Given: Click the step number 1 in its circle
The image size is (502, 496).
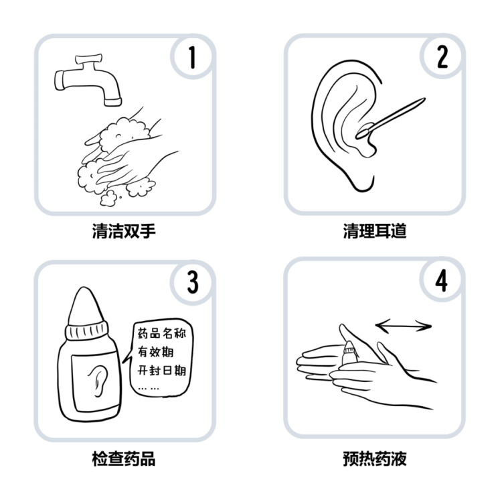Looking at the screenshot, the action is (x=192, y=57).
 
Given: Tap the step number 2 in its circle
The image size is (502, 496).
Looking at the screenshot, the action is (x=442, y=57).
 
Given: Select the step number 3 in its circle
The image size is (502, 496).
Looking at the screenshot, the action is (x=193, y=282).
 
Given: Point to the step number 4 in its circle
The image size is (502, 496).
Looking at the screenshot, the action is (x=441, y=281).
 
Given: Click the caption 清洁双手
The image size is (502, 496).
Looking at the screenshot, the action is (x=124, y=231).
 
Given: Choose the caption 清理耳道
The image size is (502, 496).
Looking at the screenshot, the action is (x=375, y=231).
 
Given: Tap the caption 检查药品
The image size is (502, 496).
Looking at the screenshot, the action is (x=124, y=458).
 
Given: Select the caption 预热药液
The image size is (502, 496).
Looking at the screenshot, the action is (x=375, y=458).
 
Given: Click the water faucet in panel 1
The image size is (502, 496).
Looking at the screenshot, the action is (x=88, y=80).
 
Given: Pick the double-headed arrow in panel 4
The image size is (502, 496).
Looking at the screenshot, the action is (x=404, y=326).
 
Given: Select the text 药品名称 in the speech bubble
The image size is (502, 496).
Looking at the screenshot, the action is (x=162, y=333).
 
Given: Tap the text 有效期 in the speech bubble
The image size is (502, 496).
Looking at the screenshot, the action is (x=155, y=352).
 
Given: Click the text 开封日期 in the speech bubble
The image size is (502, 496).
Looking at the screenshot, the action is (x=162, y=370).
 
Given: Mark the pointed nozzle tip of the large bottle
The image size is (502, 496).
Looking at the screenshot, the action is (x=84, y=289).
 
